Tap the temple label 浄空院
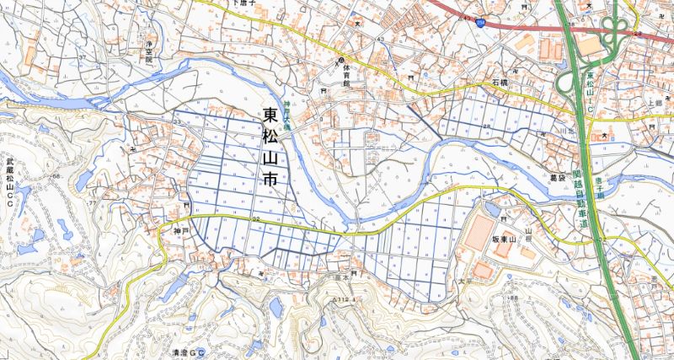click(x=152, y=52)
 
